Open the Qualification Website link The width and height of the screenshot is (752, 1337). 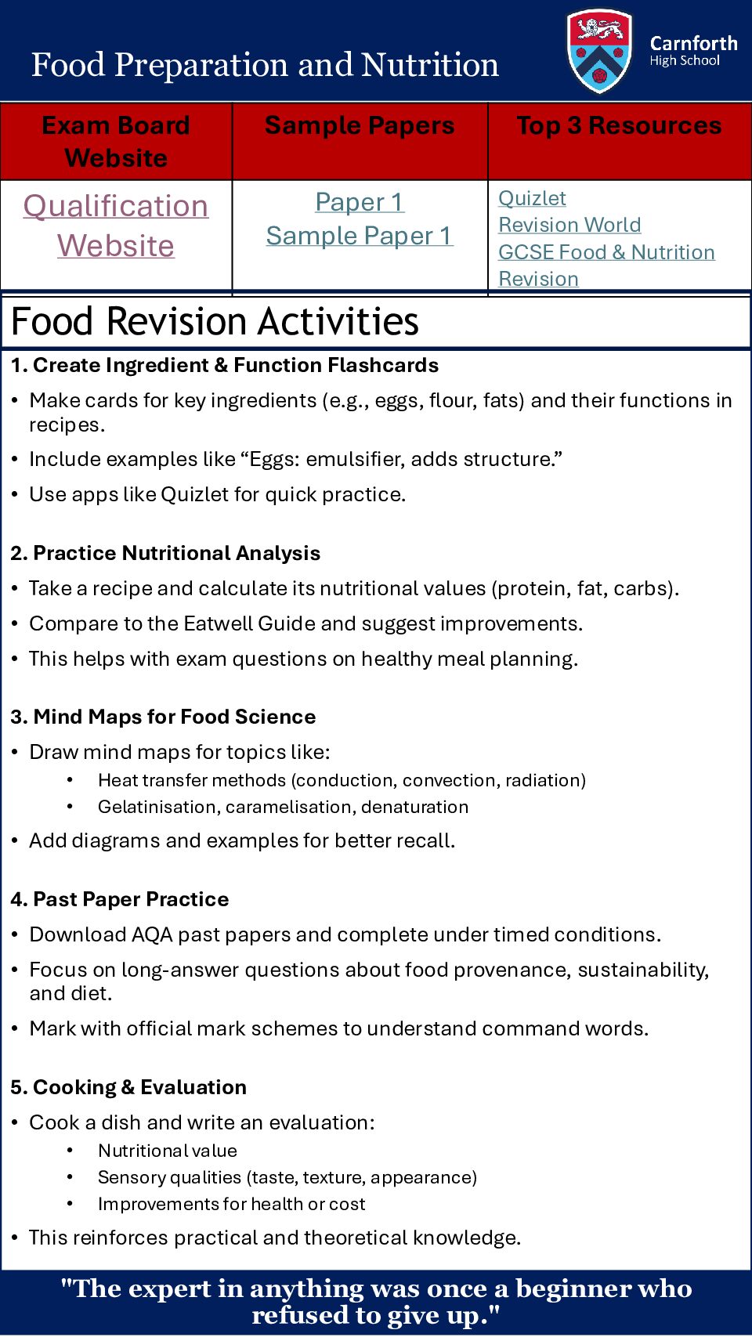[116, 226]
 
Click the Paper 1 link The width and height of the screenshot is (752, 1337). [360, 202]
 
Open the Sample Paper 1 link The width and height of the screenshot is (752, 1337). [360, 236]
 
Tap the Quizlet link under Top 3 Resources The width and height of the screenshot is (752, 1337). [532, 198]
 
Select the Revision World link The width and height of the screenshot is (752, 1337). [569, 225]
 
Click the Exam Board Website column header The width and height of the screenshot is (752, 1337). [116, 141]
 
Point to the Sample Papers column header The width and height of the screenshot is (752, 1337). [360, 125]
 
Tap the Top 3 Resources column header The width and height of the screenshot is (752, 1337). [619, 125]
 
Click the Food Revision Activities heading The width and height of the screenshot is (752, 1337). [215, 321]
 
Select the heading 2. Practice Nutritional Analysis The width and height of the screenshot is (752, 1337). [165, 553]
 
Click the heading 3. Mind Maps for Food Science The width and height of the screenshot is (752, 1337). [163, 717]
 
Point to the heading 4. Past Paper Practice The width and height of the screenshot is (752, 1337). [120, 899]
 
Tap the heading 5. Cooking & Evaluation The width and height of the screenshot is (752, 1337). [128, 1087]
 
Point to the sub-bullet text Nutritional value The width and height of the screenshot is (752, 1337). [168, 1151]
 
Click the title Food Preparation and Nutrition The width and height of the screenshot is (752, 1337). [265, 64]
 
